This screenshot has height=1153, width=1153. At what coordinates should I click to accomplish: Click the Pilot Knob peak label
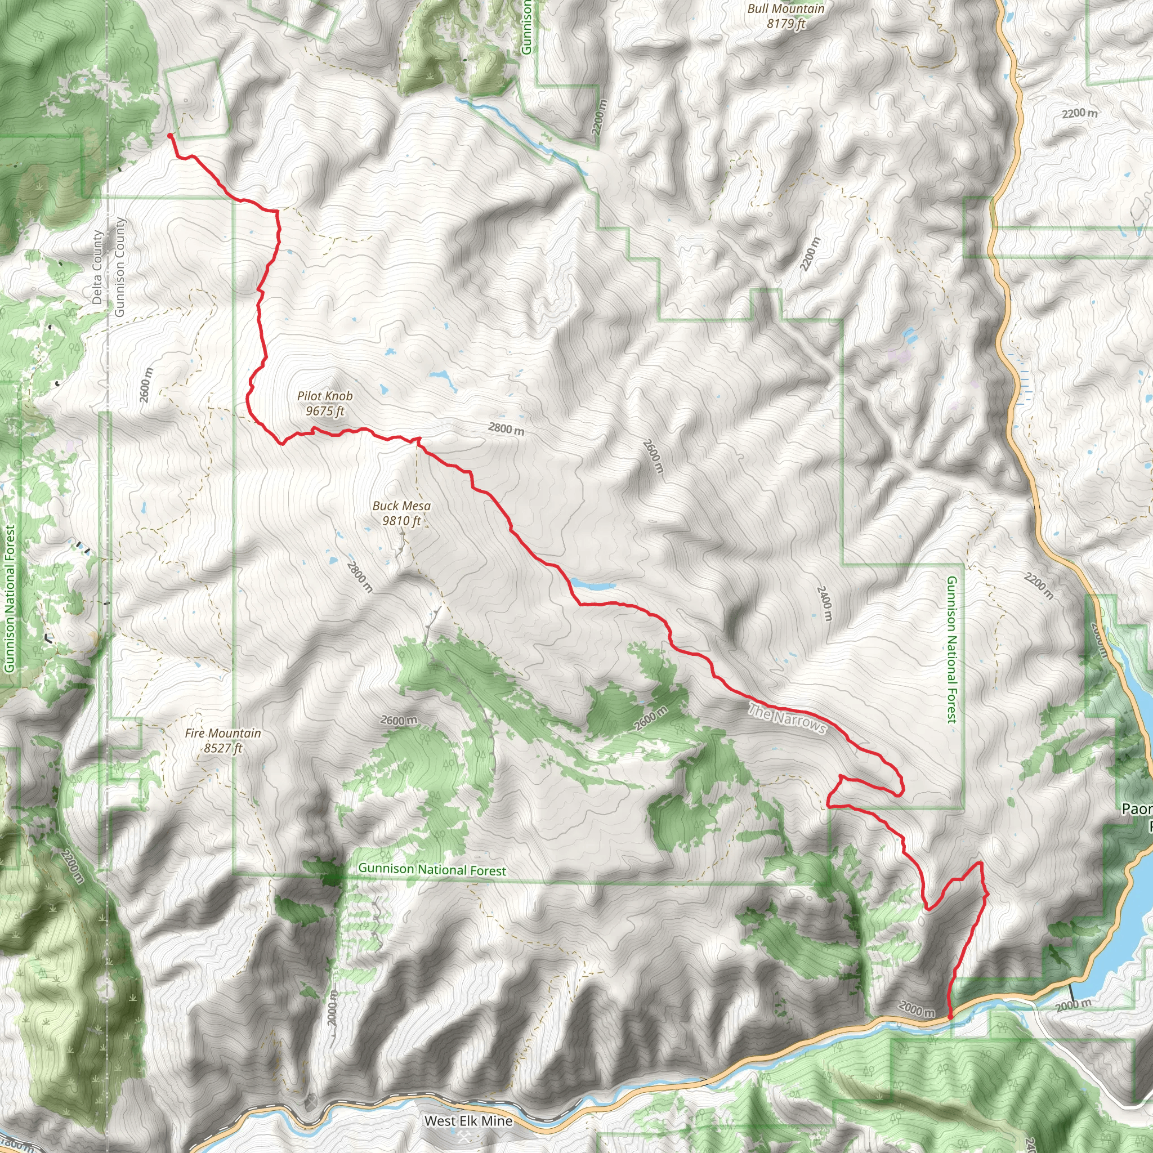325,404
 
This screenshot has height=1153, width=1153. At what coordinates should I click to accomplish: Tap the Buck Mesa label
401,513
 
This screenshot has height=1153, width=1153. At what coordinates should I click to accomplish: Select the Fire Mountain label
222,740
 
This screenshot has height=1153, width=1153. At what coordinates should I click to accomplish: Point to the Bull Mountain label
785,16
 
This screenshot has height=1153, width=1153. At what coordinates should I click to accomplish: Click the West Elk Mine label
468,1121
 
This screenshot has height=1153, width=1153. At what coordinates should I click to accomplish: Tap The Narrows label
786,719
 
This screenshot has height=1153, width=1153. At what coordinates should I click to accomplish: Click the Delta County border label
97,267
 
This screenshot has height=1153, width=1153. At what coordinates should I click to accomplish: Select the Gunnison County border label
120,267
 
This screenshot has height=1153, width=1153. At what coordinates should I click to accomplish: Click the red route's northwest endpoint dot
170,136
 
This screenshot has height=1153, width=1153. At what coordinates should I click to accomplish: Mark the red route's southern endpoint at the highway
950,1016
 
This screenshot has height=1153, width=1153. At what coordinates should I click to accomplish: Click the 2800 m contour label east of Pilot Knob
506,428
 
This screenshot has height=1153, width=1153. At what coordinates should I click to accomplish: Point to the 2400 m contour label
824,603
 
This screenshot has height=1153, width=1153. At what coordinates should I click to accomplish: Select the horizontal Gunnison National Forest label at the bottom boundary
432,869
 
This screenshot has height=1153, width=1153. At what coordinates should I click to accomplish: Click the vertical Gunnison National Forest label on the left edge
9,598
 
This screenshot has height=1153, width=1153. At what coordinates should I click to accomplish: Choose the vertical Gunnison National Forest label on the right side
951,649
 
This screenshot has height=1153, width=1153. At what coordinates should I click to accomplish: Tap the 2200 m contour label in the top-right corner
1079,113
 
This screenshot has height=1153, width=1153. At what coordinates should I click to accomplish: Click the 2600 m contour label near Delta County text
146,385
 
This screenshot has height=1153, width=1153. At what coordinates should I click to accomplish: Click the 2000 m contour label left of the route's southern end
917,1008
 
